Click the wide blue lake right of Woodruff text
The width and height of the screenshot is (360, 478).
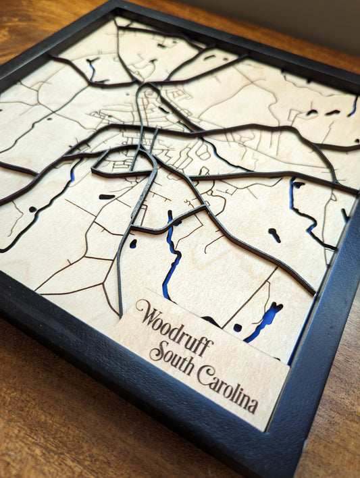[265, 321]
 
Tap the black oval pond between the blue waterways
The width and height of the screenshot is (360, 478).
[274, 234]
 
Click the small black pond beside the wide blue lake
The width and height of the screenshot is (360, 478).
[237, 327]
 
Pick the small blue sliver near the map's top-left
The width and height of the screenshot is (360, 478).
[92, 68]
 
